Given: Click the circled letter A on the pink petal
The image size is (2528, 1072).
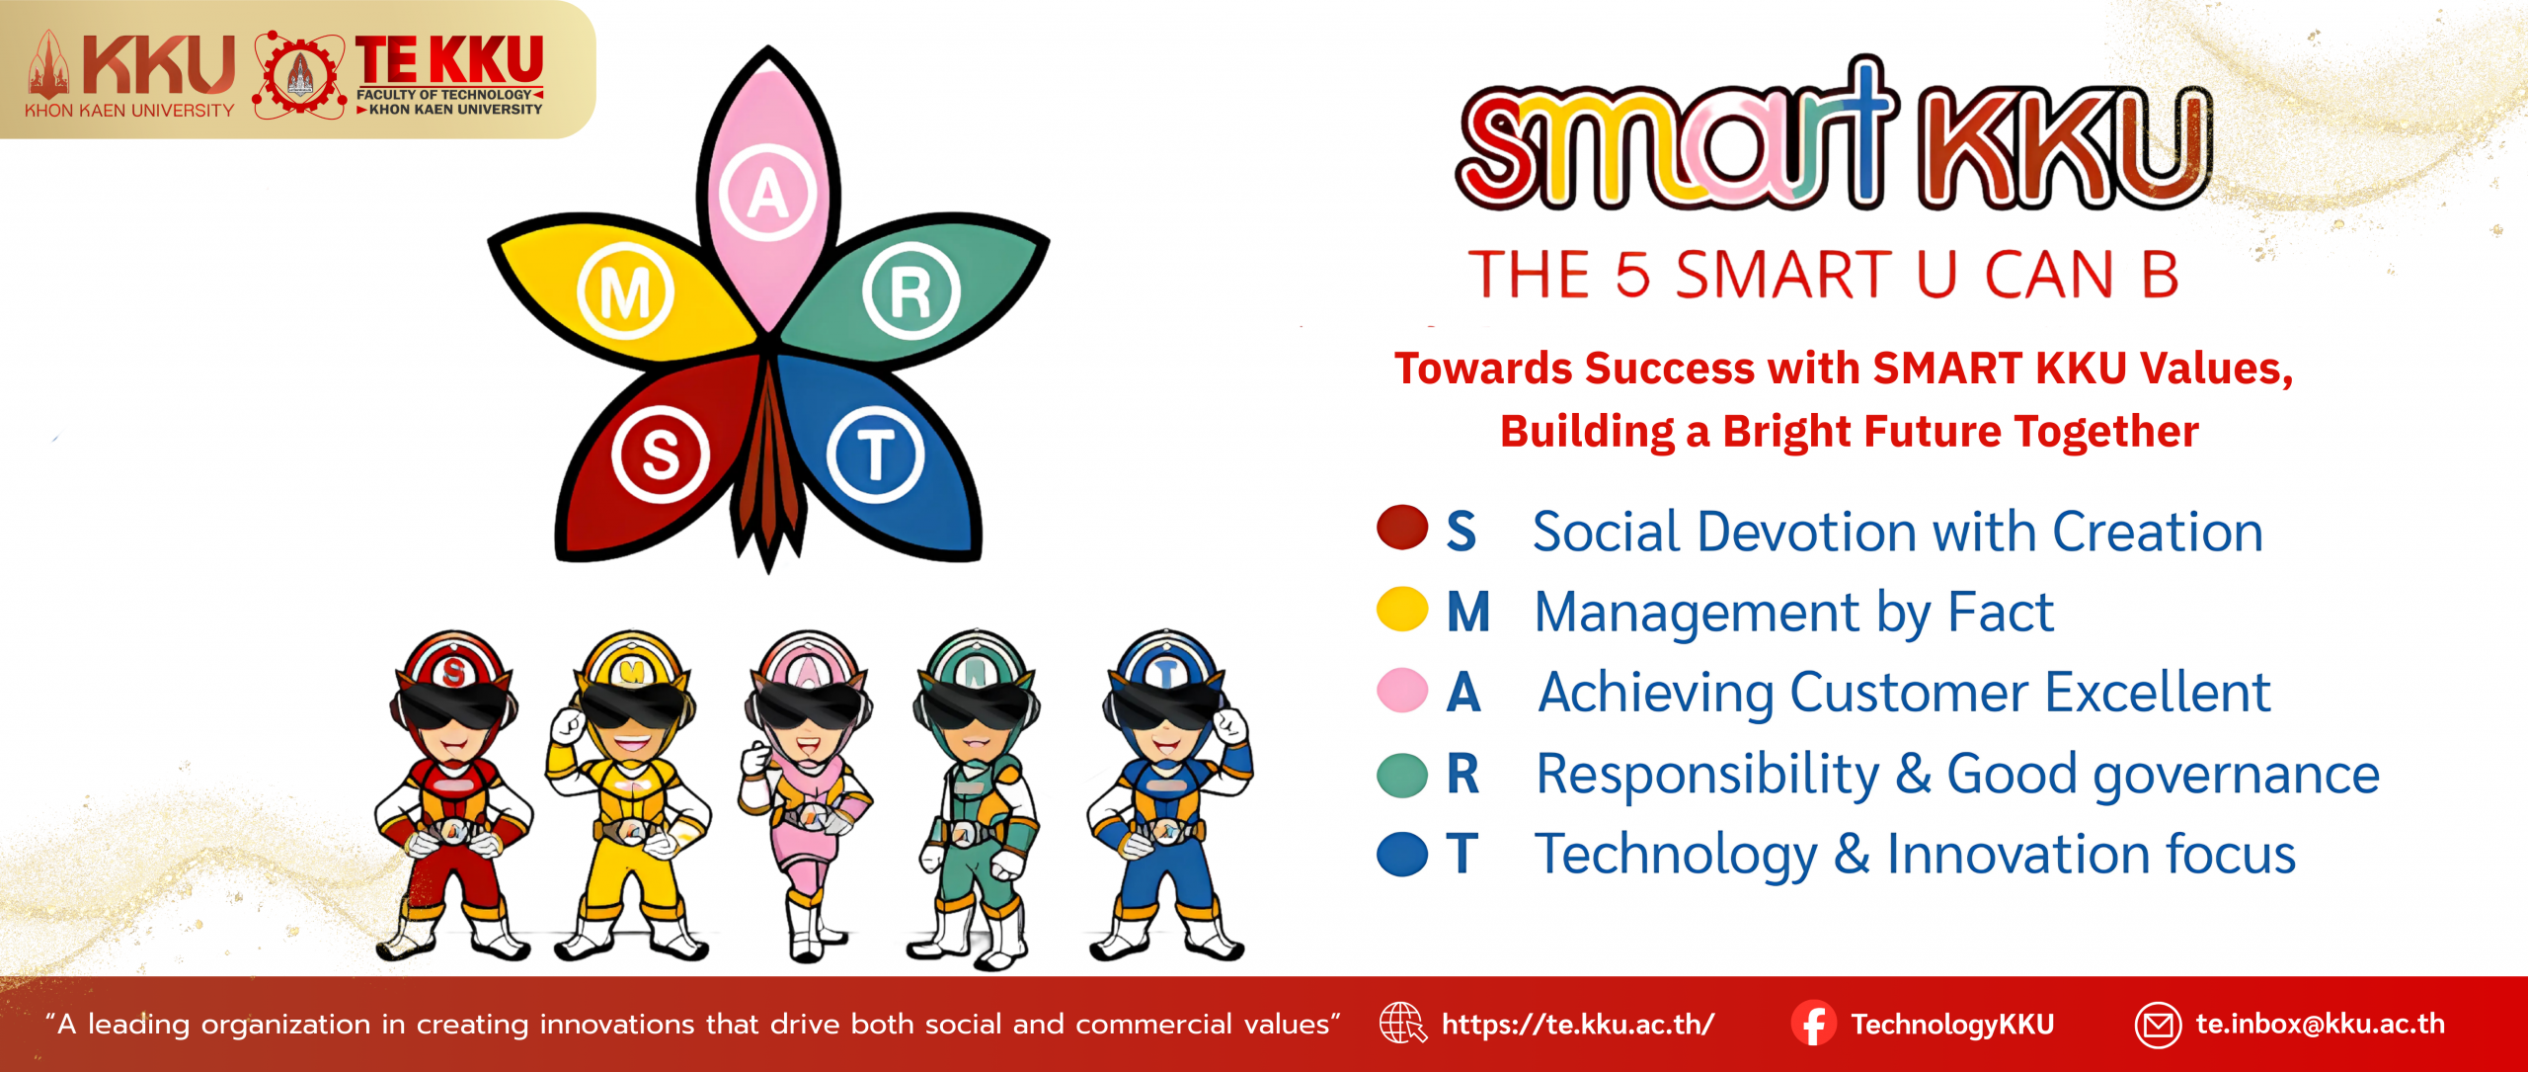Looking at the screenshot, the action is (767, 193).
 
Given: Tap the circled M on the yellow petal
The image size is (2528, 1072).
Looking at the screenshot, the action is (625, 291).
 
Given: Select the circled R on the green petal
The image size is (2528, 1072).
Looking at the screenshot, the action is (910, 291).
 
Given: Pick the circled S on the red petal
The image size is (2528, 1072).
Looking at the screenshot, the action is (661, 454).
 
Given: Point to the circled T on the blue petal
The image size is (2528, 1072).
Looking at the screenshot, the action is (876, 454).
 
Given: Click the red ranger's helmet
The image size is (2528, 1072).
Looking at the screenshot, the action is (453, 672).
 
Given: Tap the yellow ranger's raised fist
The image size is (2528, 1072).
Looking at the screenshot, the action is (569, 727).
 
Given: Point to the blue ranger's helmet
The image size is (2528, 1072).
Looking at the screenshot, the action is (1166, 672).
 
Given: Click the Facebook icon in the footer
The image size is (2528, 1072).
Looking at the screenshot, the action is (1814, 1024).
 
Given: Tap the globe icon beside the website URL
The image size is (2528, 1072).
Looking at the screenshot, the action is (1402, 1024).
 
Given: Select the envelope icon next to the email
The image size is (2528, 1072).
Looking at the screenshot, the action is (2158, 1025).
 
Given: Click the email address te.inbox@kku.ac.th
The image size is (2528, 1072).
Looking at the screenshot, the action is (2321, 1024).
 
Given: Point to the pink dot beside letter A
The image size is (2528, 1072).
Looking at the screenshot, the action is (1402, 691).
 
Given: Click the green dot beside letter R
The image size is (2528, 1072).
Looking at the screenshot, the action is (1402, 775).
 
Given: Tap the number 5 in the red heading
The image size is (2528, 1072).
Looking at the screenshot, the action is (1632, 274).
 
